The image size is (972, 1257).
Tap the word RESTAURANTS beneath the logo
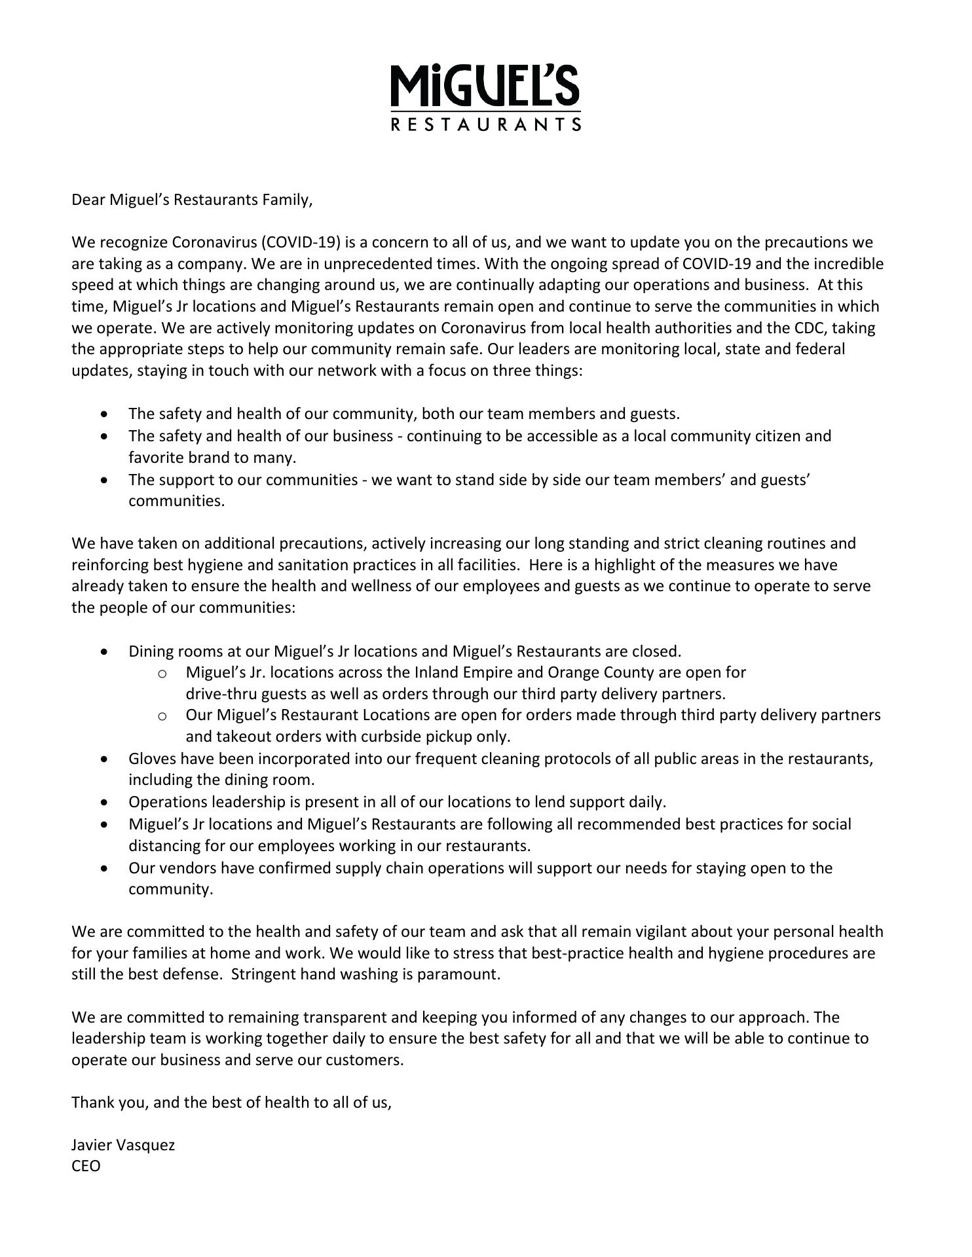[x=485, y=124]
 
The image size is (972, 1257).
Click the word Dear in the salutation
[x=88, y=200]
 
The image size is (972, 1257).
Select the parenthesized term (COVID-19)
[x=301, y=243]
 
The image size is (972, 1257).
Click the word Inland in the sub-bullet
[x=436, y=672]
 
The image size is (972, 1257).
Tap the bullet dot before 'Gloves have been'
[x=105, y=759]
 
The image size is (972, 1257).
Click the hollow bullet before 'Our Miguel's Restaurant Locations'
[x=162, y=716]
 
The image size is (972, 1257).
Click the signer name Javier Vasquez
[x=123, y=1145]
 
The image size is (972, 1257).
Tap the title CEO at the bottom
[x=86, y=1166]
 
